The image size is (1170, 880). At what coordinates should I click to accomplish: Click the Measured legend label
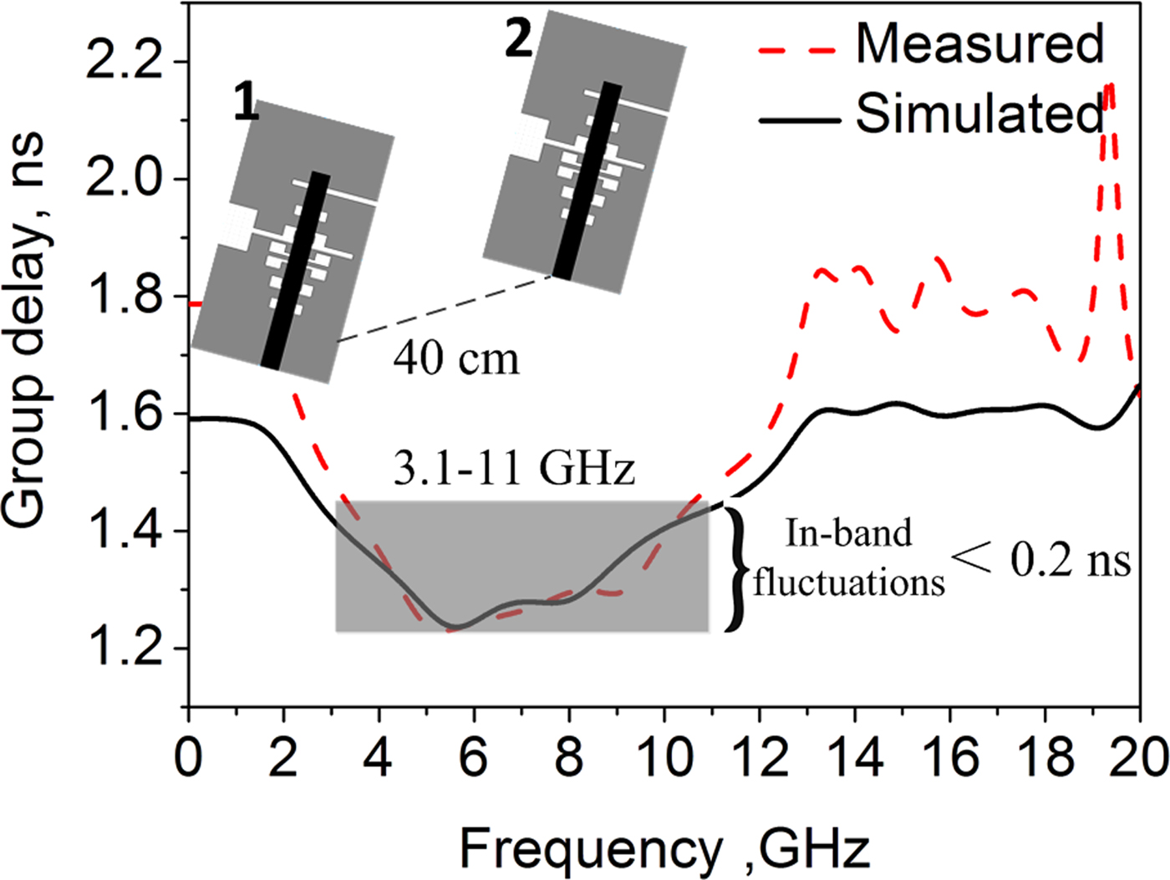point(979,43)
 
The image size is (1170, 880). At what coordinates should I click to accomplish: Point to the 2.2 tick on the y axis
point(125,63)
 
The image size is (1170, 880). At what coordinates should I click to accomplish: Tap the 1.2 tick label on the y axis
point(125,649)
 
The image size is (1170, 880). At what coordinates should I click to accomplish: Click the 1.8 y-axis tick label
point(125,297)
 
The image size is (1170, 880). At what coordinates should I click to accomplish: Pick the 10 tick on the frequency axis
point(664,757)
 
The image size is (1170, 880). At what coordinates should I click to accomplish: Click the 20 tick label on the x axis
point(1138,757)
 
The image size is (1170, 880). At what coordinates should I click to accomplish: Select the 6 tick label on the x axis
point(474,757)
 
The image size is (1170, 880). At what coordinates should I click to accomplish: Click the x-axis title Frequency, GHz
point(664,849)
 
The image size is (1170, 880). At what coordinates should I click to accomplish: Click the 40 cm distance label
point(456,359)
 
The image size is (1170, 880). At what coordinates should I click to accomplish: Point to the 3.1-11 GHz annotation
point(514,469)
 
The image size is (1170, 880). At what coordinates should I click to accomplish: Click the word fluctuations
point(848,582)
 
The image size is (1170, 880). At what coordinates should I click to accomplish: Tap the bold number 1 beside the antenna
point(246,104)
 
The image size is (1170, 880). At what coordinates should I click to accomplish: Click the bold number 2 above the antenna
point(518,38)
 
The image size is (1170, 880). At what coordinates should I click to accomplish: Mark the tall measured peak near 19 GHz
point(1109,88)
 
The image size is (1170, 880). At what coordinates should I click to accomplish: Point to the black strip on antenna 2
point(588,180)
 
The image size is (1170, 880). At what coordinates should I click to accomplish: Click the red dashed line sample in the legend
point(797,50)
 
